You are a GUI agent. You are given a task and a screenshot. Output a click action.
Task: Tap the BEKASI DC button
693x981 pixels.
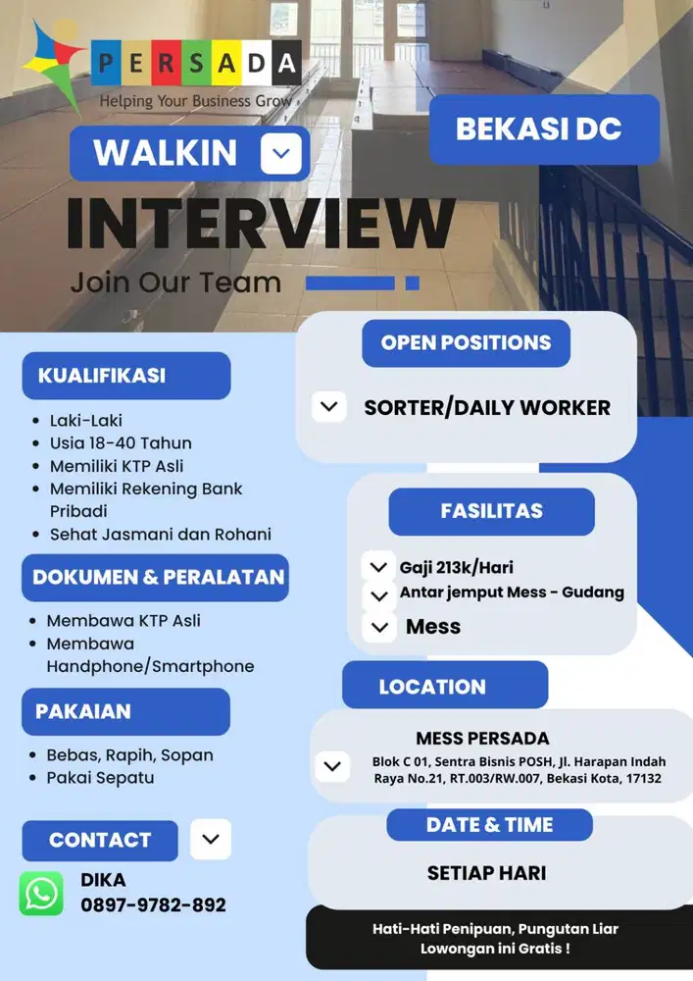[544, 129]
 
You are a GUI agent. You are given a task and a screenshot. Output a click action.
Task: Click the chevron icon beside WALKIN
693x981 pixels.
[281, 153]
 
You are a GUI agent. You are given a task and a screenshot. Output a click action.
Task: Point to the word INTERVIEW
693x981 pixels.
[260, 224]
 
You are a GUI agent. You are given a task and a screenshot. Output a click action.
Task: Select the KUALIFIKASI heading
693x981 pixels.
[102, 376]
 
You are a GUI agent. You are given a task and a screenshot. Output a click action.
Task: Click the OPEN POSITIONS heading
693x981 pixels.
[466, 343]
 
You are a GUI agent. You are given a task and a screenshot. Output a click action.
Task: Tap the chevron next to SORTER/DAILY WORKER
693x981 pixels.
[329, 406]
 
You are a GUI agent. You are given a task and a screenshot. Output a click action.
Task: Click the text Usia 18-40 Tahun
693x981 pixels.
[121, 443]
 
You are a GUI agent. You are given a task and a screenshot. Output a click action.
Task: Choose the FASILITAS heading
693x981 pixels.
[491, 511]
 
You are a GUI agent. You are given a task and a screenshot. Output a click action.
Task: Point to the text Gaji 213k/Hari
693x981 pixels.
[456, 568]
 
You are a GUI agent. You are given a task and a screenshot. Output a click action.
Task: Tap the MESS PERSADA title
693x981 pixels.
[482, 739]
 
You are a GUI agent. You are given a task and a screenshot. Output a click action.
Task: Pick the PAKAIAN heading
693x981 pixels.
[83, 711]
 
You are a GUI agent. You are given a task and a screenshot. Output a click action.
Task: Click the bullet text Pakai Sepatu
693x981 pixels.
[100, 778]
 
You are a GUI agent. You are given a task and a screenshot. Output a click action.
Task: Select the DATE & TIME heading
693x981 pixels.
[489, 825]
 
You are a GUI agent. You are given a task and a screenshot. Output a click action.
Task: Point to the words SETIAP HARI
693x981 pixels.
[486, 873]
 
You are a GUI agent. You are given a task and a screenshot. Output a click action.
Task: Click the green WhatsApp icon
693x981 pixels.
[41, 894]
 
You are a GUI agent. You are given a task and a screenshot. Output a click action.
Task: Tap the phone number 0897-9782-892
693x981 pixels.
[153, 905]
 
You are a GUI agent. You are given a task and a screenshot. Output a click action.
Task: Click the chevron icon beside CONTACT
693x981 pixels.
[211, 840]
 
